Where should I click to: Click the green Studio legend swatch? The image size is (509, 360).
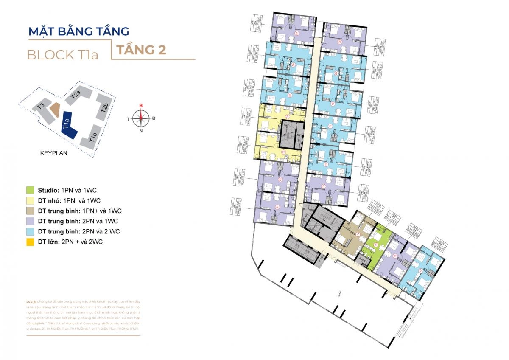point(30,190)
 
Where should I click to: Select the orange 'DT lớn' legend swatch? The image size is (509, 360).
point(30,242)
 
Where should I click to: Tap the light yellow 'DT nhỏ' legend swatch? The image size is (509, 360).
point(30,200)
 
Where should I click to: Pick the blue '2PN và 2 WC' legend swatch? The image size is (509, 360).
point(30,231)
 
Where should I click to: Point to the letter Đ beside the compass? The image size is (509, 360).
point(154,118)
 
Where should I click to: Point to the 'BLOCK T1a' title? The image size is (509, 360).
point(62,55)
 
